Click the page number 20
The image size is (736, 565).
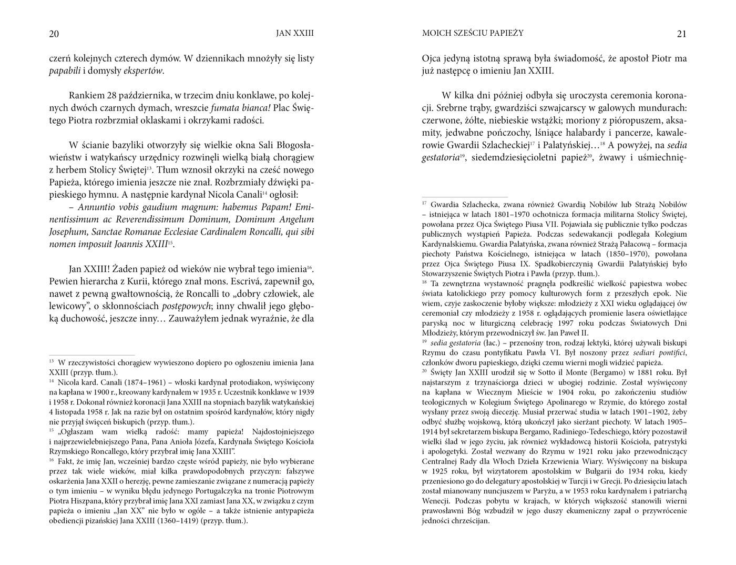[x=54, y=34]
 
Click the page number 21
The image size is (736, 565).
[x=681, y=34]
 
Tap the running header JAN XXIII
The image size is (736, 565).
[x=295, y=33]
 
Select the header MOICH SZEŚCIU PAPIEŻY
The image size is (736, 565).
[x=473, y=33]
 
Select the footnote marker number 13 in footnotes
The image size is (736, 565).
[x=52, y=362]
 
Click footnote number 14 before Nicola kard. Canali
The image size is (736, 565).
[x=52, y=382]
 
